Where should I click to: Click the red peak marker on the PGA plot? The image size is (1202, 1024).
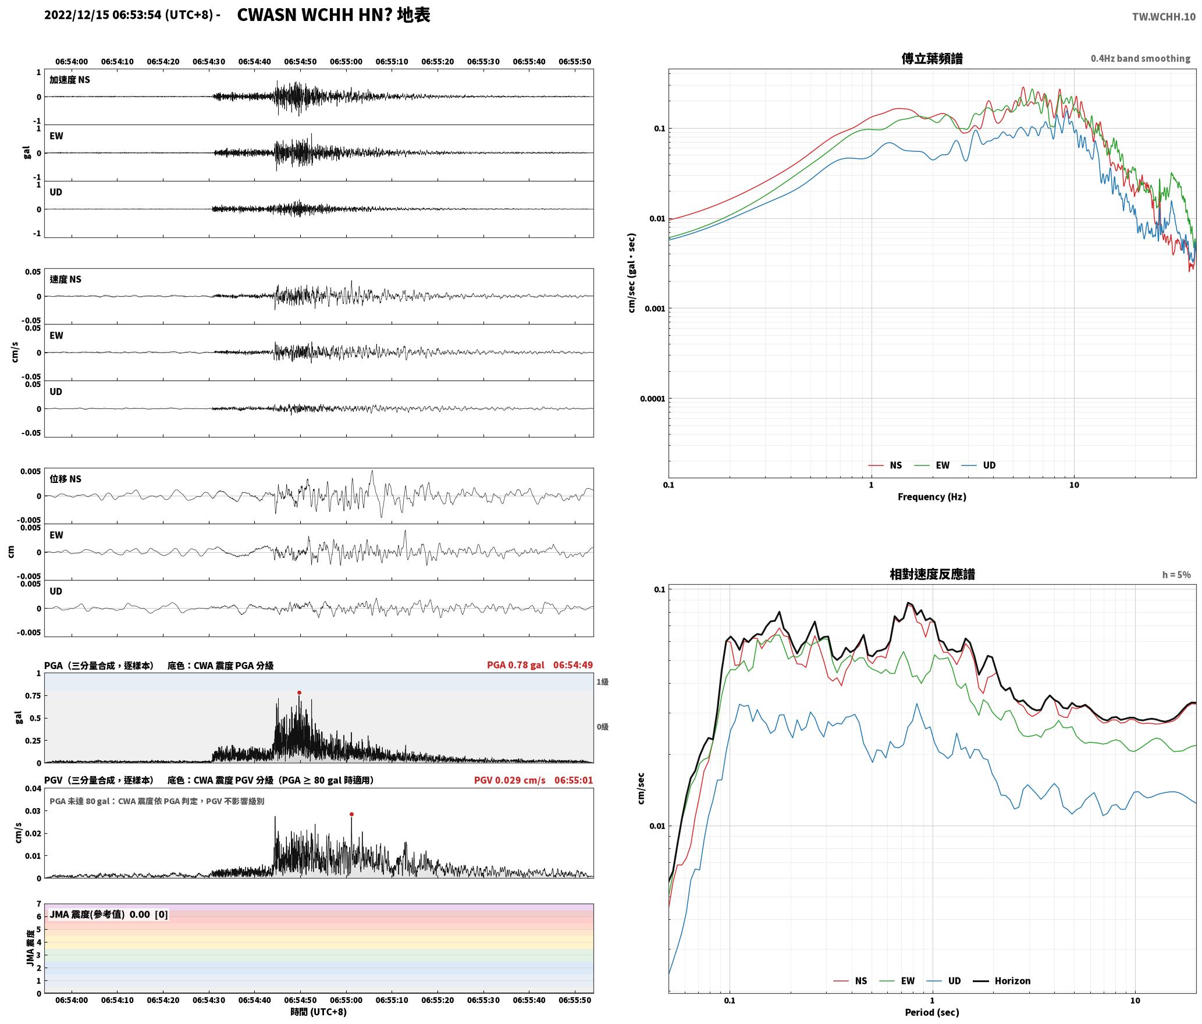[x=299, y=693]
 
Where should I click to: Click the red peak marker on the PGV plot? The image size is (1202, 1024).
[x=351, y=815]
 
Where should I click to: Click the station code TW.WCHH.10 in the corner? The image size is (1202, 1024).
[x=1164, y=17]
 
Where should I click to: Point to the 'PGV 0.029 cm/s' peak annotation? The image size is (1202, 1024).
[x=510, y=780]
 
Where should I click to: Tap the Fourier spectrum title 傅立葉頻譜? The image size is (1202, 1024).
[x=932, y=59]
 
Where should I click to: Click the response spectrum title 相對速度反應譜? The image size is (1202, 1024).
[x=932, y=574]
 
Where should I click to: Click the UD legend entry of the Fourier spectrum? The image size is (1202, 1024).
[x=979, y=465]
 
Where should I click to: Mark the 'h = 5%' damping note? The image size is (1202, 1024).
[x=1176, y=575]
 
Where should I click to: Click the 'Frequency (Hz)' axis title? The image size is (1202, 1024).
[x=932, y=497]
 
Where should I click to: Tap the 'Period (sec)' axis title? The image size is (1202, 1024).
[x=932, y=1012]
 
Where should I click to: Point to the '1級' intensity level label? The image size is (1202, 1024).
[x=602, y=682]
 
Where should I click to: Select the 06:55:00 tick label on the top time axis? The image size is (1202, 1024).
[x=346, y=62]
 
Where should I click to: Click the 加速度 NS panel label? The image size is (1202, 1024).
[x=70, y=80]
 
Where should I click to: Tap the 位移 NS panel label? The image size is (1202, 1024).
[x=66, y=479]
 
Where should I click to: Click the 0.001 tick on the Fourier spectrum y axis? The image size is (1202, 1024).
[x=655, y=309]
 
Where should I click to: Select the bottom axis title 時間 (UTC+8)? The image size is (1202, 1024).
[x=319, y=1012]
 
